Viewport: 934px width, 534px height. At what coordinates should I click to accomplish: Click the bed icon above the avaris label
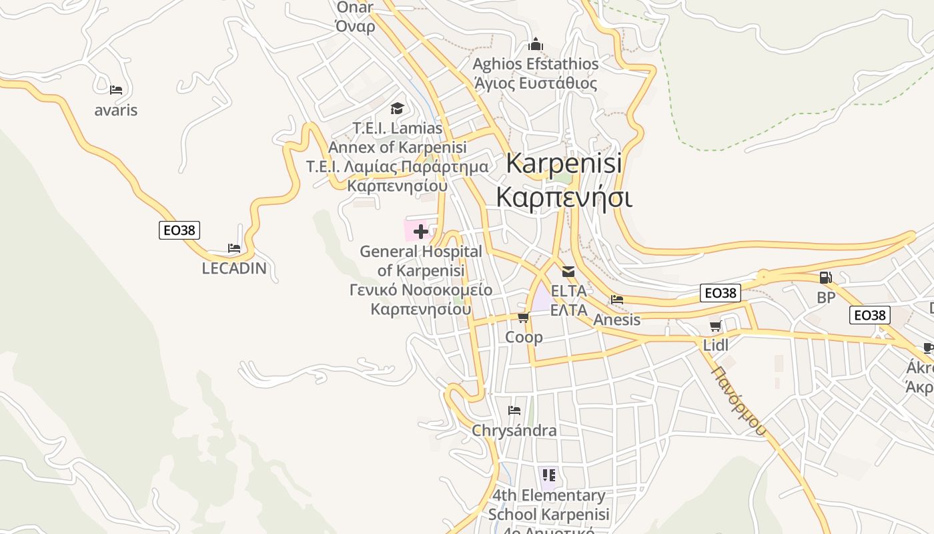(116, 89)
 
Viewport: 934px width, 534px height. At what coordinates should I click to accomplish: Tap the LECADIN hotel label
(234, 268)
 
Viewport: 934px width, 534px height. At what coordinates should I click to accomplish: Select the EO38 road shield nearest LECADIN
(179, 230)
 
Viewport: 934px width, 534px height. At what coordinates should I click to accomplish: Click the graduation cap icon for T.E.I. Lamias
(397, 108)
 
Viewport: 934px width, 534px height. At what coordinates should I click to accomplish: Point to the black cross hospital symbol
(421, 232)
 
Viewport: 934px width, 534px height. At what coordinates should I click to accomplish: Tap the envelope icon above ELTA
(568, 272)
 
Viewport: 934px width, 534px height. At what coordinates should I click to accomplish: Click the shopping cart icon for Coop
(524, 317)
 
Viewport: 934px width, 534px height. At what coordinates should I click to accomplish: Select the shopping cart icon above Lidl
(716, 326)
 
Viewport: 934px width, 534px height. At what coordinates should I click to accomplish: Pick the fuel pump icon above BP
(826, 278)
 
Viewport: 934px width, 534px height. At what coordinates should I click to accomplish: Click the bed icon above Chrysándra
(514, 410)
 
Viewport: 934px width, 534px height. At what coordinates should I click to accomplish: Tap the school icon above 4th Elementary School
(549, 475)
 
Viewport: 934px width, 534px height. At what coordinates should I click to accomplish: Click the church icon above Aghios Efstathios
(536, 45)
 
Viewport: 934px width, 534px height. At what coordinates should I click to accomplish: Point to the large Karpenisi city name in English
(564, 163)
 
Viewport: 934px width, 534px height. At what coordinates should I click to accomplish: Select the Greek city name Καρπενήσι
(564, 198)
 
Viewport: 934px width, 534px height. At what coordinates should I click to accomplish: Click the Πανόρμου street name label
(739, 400)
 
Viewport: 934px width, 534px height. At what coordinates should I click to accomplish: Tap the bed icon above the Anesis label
(617, 300)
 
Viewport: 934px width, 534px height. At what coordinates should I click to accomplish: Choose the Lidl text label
(716, 345)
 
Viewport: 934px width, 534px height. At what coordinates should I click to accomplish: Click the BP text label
(826, 298)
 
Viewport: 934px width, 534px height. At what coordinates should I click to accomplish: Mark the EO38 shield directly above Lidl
(721, 293)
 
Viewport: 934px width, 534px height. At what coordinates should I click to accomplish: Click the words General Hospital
(420, 252)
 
